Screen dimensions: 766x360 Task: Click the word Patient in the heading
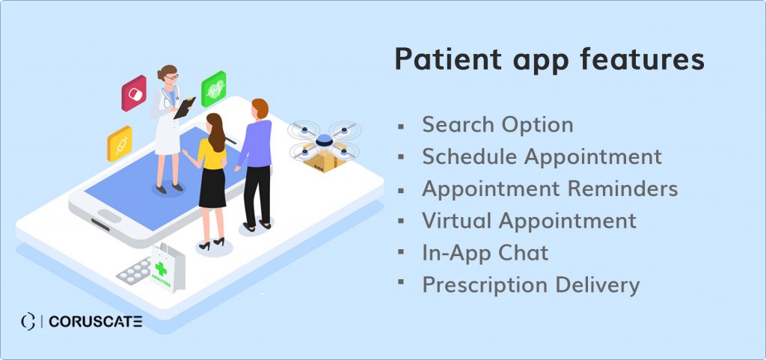point(448,60)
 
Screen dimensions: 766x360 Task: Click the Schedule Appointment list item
point(542,157)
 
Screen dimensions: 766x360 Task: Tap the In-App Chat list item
point(485,253)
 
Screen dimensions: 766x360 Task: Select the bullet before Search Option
point(401,126)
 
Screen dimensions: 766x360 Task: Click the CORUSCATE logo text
point(96,321)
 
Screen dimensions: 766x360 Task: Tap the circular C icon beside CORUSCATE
point(28,321)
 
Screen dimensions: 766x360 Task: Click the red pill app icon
point(134,93)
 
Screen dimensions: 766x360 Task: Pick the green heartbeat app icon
point(213,89)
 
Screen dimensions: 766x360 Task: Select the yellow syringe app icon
point(120,144)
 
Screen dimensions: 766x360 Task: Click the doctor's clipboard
point(185,108)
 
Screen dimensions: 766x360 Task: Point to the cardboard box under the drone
point(325,157)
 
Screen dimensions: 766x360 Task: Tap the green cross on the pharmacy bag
point(161,268)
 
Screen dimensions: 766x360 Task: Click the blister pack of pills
point(133,270)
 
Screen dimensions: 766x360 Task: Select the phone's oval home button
point(109,216)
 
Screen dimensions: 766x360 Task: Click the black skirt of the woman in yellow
point(212,188)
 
